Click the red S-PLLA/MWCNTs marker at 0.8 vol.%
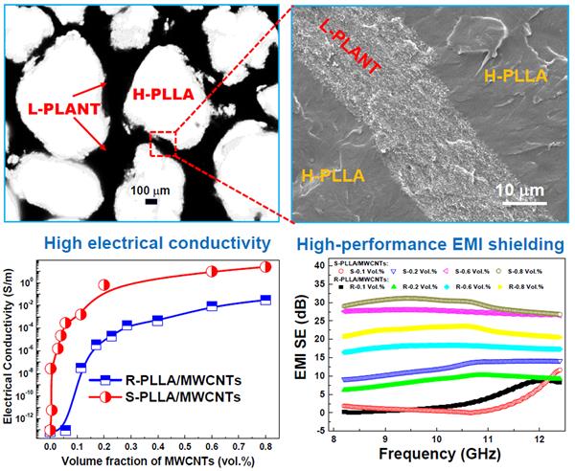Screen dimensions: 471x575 tap(264, 266)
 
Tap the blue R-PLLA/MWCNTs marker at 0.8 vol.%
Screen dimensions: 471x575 tap(264, 300)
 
